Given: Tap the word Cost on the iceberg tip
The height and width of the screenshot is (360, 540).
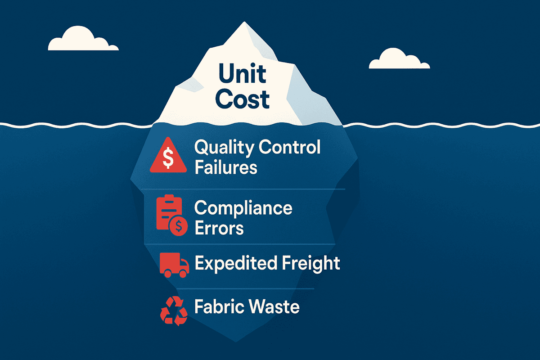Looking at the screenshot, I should coord(243,99).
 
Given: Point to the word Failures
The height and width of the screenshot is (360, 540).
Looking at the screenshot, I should coord(225,167).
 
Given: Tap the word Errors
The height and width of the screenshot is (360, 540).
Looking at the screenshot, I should coord(219,228).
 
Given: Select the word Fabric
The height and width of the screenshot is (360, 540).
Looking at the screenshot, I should coord(216,307).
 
